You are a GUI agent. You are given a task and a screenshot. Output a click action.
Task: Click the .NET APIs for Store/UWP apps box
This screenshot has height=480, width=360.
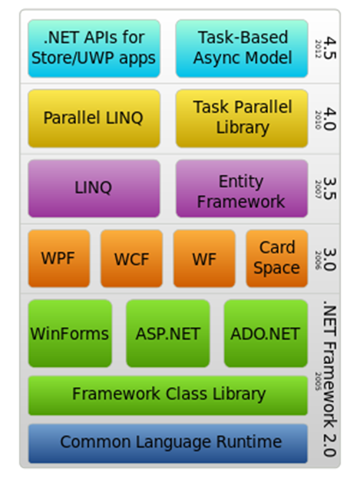[x=94, y=48]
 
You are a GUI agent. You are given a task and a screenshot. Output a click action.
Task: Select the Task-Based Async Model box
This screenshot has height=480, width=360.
[x=242, y=48]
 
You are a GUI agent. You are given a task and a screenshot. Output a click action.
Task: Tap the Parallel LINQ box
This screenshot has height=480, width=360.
[x=94, y=118]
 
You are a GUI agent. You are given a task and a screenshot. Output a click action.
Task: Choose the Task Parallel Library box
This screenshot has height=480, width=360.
[x=242, y=118]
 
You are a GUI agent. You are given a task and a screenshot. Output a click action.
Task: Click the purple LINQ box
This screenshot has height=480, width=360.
[x=94, y=189]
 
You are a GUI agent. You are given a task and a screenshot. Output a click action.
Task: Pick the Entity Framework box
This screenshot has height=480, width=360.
[x=242, y=189]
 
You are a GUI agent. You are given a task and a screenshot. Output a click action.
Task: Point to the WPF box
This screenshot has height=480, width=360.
[x=59, y=259]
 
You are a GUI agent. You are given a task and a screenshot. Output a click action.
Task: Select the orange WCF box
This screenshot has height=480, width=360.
[x=131, y=259]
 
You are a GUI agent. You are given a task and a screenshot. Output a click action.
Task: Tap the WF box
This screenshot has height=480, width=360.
[x=204, y=259]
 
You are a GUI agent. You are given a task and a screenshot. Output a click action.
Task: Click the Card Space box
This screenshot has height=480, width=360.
[x=277, y=259]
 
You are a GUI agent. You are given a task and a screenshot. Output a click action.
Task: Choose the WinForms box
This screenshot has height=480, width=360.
[x=70, y=333]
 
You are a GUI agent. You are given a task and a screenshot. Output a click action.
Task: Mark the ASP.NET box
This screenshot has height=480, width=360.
[x=168, y=333]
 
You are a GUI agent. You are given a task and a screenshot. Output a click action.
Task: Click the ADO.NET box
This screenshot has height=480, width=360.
[x=266, y=333]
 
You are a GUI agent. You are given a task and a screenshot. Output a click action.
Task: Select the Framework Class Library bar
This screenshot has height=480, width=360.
[x=168, y=396]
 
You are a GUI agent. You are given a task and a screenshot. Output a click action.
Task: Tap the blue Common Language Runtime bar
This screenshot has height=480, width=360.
[x=168, y=444]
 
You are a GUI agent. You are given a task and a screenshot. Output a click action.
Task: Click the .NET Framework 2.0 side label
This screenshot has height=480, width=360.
[x=330, y=380]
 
